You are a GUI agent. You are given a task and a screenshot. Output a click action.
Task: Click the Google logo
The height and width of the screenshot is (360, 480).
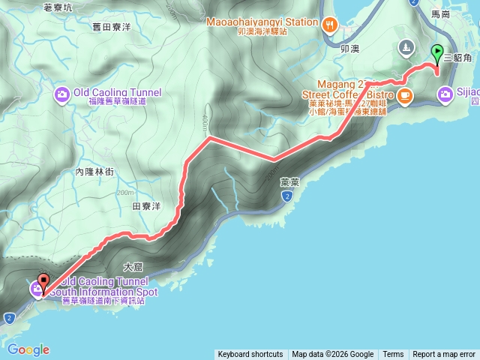tap(28, 349)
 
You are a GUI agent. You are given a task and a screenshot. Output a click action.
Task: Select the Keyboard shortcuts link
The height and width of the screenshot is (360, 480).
tap(250, 355)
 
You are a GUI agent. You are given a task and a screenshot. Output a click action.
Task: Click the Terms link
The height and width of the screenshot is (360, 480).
tap(393, 355)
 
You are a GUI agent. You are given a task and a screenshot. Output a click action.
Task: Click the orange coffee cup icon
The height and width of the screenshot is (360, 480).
tap(405, 95)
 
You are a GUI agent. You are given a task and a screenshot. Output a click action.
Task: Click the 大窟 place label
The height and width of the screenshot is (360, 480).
tap(133, 265)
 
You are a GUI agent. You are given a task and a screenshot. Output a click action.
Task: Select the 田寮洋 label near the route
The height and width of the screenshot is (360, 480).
tap(147, 205)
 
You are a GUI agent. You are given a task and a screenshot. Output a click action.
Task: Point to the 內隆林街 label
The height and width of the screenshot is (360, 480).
tap(94, 172)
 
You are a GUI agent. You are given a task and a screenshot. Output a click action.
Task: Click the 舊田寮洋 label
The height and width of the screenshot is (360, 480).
tap(111, 27)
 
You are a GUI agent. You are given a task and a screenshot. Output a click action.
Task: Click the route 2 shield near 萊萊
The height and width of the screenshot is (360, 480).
tap(286, 196)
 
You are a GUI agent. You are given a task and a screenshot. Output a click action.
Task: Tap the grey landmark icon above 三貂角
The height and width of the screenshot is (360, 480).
tap(406, 47)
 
